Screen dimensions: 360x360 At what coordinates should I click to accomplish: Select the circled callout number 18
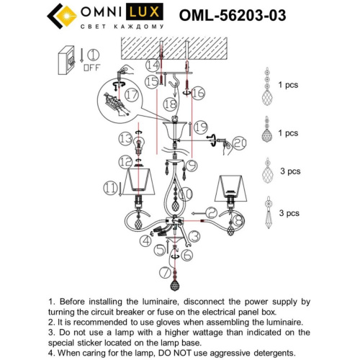pyautogui.click(x=170, y=104)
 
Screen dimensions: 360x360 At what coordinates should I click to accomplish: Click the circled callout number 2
pyautogui.click(x=210, y=212)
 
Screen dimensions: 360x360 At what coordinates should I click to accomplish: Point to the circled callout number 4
pyautogui.click(x=147, y=243)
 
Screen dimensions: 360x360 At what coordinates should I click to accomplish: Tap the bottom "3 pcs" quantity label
pyautogui.click(x=289, y=215)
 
